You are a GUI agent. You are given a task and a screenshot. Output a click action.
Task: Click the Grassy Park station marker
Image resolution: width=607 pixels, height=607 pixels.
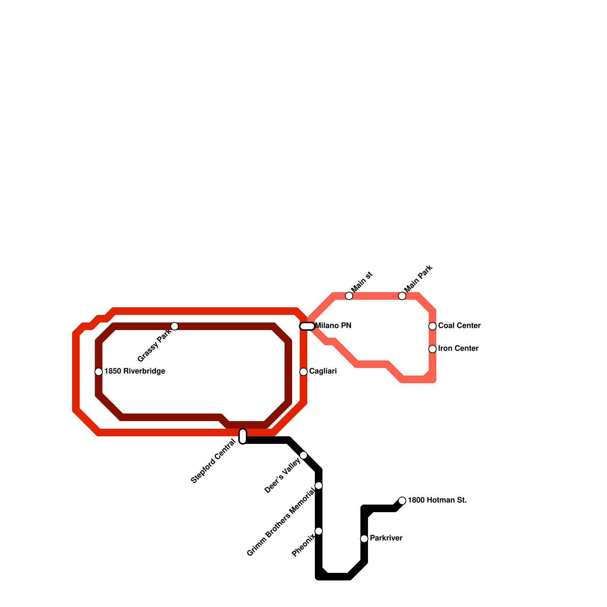pos(175,326)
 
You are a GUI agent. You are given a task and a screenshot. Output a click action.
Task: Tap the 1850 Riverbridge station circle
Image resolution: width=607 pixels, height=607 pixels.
pos(99,372)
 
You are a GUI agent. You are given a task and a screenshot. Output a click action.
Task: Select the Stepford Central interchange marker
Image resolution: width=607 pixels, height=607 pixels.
pos(243,436)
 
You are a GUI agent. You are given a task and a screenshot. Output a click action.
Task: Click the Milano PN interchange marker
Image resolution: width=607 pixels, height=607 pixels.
pos(307,326)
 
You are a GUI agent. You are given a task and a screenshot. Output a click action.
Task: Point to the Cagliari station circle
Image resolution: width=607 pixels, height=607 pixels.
pos(303,372)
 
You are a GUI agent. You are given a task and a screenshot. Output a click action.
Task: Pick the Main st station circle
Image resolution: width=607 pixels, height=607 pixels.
pos(349,296)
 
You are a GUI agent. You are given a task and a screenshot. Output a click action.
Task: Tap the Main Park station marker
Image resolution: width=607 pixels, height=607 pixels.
pos(402,296)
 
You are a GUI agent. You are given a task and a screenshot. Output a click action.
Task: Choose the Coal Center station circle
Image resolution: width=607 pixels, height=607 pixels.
pos(432,326)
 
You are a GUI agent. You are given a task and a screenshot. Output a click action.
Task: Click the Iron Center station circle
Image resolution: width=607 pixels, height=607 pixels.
pos(432,349)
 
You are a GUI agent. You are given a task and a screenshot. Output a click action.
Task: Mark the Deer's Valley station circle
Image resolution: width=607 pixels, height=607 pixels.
pos(303,455)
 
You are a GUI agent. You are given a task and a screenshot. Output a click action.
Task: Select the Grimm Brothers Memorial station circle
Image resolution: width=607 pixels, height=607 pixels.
pos(319,486)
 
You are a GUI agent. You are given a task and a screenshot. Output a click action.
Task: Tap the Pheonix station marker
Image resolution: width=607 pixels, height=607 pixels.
pos(319,531)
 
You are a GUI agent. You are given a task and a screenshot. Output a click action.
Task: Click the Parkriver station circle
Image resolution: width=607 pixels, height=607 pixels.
pos(364,539)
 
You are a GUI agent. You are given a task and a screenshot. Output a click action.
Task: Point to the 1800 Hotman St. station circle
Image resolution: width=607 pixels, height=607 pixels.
pos(402,501)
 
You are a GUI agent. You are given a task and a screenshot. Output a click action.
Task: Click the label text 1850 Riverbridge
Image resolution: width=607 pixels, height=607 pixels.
pos(135,371)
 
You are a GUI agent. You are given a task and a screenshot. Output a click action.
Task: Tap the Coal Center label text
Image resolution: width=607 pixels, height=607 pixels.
pos(459,326)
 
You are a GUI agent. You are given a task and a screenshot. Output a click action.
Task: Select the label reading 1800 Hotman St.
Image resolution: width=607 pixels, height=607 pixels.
pos(437,500)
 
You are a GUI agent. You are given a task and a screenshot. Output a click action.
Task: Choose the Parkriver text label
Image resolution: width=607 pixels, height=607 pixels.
pos(386,538)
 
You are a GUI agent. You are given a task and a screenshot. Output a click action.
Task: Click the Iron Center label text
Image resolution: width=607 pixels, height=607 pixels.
pos(458,348)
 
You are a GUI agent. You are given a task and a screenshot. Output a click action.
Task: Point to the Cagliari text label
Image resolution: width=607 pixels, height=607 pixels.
pos(323,371)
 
